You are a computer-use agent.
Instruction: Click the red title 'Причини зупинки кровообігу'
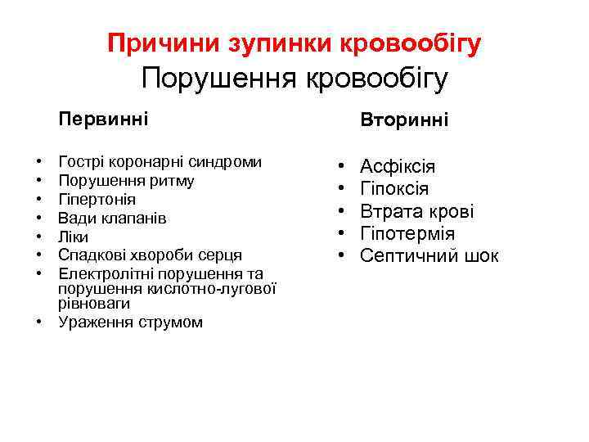pos(294,43)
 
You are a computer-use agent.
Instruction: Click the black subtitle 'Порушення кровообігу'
pos(294,79)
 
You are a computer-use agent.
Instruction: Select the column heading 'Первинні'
pos(103,120)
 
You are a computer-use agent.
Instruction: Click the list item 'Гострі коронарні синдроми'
pos(160,162)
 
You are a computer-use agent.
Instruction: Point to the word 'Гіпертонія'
pos(97,199)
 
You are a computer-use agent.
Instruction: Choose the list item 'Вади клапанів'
pos(112,218)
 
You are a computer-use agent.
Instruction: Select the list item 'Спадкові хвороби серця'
pos(150,255)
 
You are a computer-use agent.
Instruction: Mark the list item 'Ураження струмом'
pos(130,322)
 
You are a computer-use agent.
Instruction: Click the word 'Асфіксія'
pos(398,167)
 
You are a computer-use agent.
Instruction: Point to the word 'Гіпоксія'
pos(394,189)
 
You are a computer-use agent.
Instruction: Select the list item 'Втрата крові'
pos(417,212)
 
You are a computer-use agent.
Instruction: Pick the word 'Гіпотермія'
pos(407,234)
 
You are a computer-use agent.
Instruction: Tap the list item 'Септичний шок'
pos(429,256)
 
